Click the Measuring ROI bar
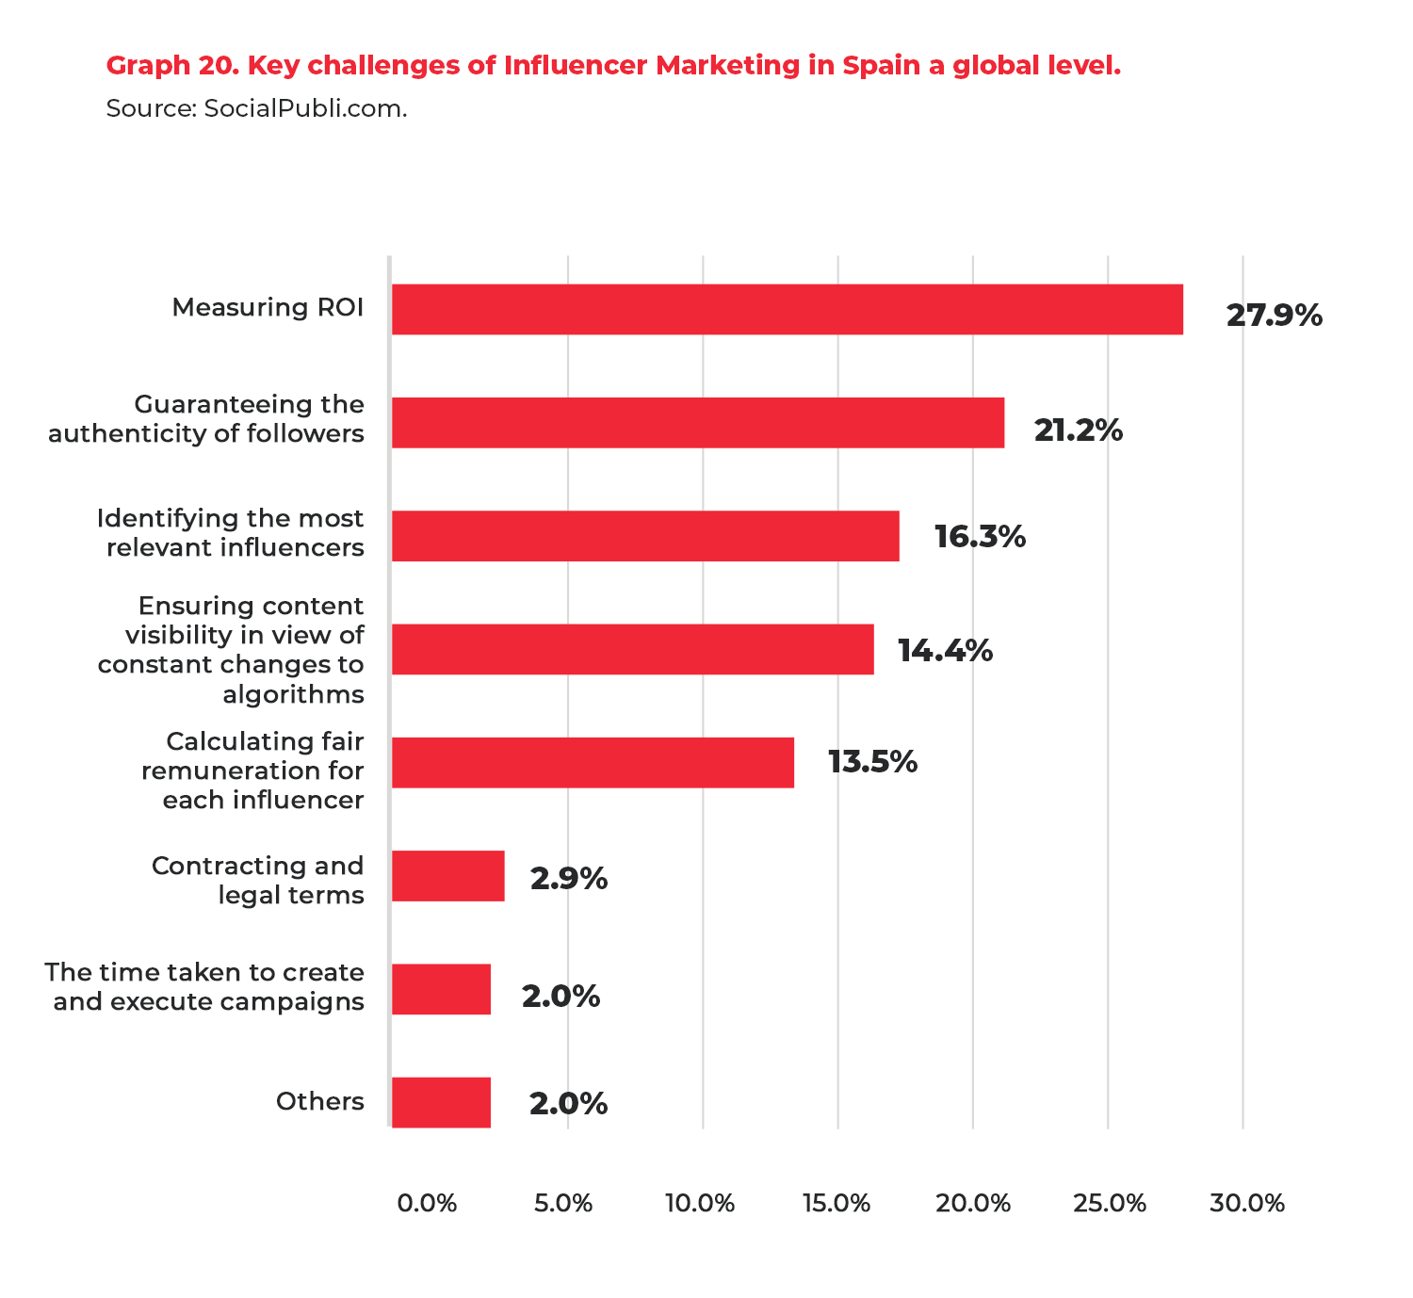[787, 309]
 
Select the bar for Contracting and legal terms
[448, 876]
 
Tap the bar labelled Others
[441, 1102]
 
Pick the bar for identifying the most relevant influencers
[645, 536]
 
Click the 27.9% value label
[1274, 316]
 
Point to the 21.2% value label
[1078, 430]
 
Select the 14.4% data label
[945, 650]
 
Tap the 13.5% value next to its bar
[872, 761]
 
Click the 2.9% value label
[568, 879]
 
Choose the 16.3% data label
[980, 537]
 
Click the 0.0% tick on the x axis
[427, 1203]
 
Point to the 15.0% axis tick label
[836, 1203]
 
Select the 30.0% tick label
[1247, 1203]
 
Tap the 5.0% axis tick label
[563, 1203]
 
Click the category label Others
[319, 1101]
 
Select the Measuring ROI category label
[268, 308]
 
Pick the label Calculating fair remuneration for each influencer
[252, 771]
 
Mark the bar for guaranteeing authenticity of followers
[697, 423]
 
